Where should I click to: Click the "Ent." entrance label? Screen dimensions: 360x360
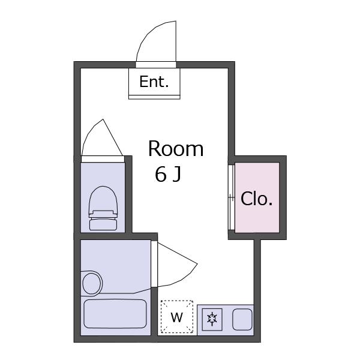pyautogui.click(x=154, y=82)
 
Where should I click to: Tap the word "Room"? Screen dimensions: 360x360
pyautogui.click(x=176, y=149)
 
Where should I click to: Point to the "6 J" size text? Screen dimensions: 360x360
pyautogui.click(x=168, y=174)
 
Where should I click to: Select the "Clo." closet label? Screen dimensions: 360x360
pyautogui.click(x=257, y=199)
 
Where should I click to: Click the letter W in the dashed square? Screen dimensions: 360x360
pyautogui.click(x=177, y=317)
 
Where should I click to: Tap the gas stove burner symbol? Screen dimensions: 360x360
pyautogui.click(x=212, y=319)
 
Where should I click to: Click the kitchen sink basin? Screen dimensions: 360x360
pyautogui.click(x=242, y=319)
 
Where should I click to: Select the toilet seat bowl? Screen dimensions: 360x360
pyautogui.click(x=103, y=199)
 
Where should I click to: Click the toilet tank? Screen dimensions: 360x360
pyautogui.click(x=103, y=224)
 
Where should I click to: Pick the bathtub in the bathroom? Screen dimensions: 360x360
pyautogui.click(x=115, y=314)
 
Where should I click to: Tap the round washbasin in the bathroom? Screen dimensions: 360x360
pyautogui.click(x=92, y=283)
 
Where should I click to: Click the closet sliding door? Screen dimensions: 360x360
pyautogui.click(x=232, y=197)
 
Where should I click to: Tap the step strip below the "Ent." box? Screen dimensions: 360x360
pyautogui.click(x=154, y=97)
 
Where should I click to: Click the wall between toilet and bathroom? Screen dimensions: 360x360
pyautogui.click(x=115, y=236)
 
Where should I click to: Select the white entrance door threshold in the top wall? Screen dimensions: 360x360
pyautogui.click(x=156, y=65)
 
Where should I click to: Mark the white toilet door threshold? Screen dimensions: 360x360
pyautogui.click(x=103, y=159)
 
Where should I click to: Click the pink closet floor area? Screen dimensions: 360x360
pyautogui.click(x=257, y=197)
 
